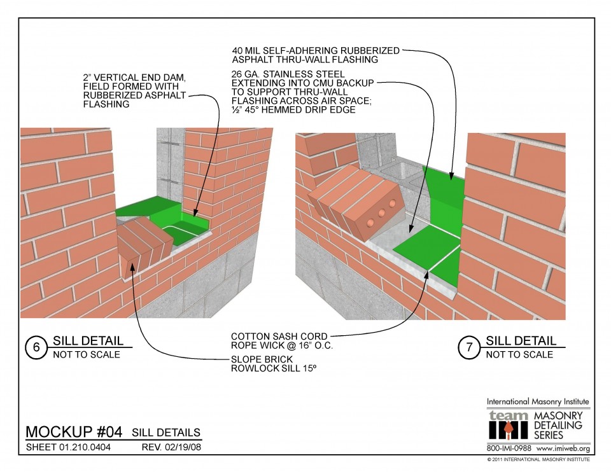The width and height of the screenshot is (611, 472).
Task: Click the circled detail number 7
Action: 469,348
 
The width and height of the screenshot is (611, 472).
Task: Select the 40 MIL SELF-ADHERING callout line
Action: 316,50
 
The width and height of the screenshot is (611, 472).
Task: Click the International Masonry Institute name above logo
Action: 538,401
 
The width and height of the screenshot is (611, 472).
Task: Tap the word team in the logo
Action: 508,415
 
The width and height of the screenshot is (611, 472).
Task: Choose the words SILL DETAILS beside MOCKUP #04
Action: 166,433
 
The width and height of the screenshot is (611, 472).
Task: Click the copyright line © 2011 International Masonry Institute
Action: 538,459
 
